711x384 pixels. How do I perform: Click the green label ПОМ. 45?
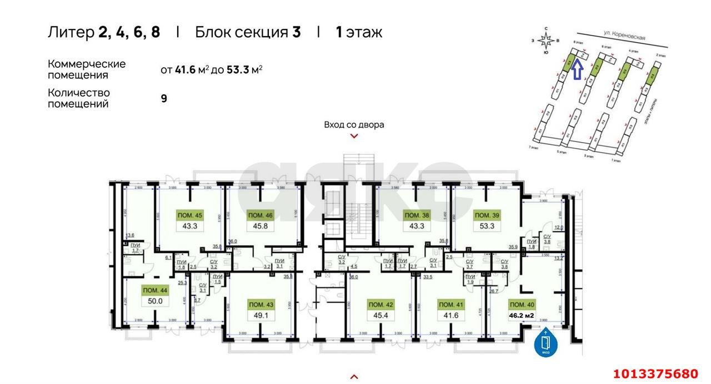[189, 215]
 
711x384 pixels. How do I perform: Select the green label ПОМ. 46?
[261, 215]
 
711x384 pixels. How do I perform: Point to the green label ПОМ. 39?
[487, 215]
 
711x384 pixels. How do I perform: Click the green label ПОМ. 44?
[154, 290]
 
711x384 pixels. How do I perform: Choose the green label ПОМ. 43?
[262, 305]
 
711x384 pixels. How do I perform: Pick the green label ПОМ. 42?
[382, 305]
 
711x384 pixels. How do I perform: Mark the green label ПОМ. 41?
[452, 305]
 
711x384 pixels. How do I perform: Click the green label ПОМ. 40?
[522, 305]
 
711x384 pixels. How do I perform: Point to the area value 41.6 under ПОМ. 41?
[452, 316]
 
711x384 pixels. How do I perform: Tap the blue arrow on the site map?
[577, 70]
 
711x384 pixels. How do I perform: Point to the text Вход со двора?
[354, 125]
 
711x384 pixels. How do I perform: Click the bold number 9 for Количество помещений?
[164, 98]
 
